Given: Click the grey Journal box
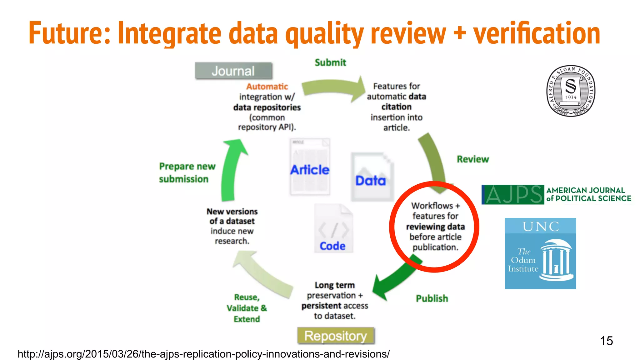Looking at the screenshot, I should pyautogui.click(x=233, y=71).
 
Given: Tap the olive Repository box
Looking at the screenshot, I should pyautogui.click(x=336, y=336).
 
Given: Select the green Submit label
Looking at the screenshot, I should pyautogui.click(x=330, y=62).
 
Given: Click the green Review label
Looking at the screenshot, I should pyautogui.click(x=472, y=159).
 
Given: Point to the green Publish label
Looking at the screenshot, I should pyautogui.click(x=432, y=298).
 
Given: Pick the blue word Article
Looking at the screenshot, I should pyautogui.click(x=310, y=170).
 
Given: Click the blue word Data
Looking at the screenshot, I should pyautogui.click(x=371, y=181).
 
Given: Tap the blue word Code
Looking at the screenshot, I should pyautogui.click(x=332, y=246).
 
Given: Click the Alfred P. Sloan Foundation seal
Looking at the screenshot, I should pyautogui.click(x=571, y=91).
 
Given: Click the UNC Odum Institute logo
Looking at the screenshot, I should pyautogui.click(x=540, y=253).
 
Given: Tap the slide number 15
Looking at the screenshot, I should pyautogui.click(x=606, y=341).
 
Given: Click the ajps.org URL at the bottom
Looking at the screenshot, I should pyautogui.click(x=203, y=354).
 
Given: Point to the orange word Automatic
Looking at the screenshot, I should pyautogui.click(x=267, y=87).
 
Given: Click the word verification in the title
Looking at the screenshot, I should pyautogui.click(x=536, y=34).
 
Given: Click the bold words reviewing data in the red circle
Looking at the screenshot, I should pyautogui.click(x=435, y=227).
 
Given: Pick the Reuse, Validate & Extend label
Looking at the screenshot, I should pyautogui.click(x=247, y=308).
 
